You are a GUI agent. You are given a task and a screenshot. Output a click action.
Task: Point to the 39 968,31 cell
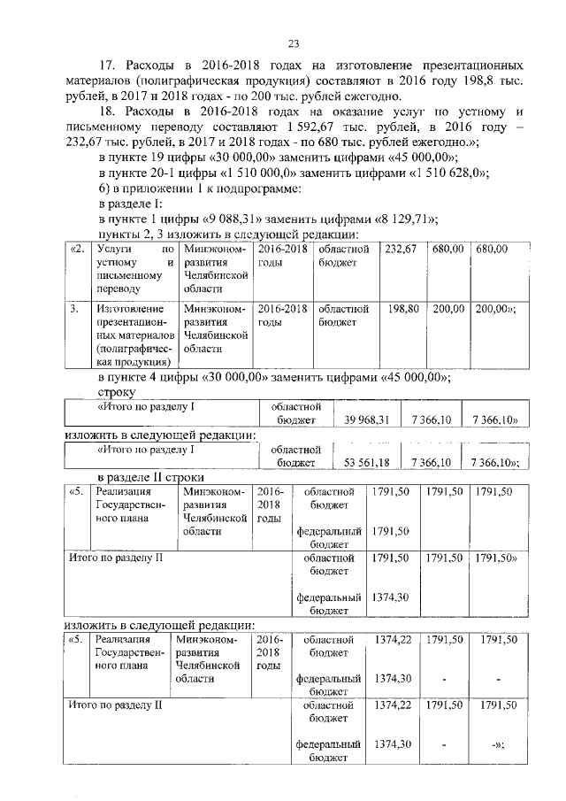(366, 420)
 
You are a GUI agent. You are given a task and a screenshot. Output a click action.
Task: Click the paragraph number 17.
(107, 66)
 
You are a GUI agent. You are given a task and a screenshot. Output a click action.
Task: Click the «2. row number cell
(76, 250)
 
